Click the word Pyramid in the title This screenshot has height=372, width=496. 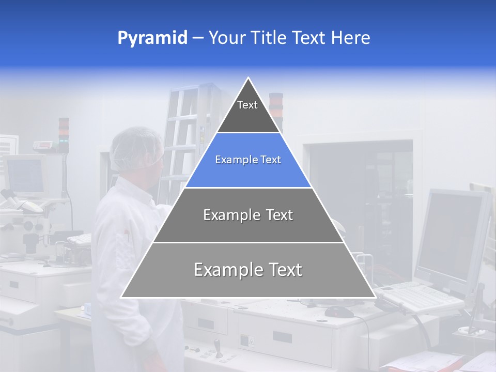point(152,38)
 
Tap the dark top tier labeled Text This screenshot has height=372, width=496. point(248,111)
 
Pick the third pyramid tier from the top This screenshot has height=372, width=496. point(248,215)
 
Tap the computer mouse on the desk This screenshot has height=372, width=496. point(339,312)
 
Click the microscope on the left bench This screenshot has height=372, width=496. point(26,217)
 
